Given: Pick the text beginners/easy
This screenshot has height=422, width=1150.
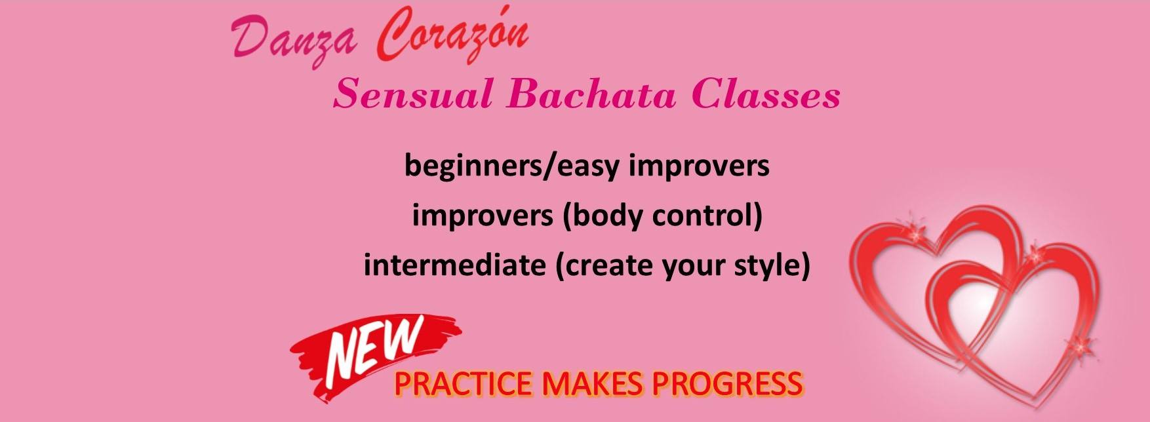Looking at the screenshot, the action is [511, 166].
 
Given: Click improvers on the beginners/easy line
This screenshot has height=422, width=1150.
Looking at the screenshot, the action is [699, 166].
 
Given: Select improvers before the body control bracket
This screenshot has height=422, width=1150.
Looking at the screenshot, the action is [483, 216].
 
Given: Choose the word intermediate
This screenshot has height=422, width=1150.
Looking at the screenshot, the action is [454, 265].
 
